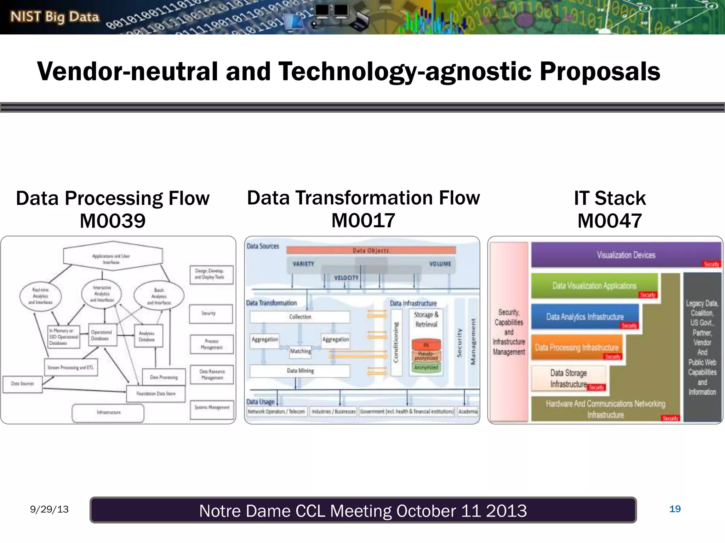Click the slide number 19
pos(675,509)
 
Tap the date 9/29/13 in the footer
pos(49,509)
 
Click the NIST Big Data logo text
pos(55,17)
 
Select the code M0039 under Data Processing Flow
pos(113,221)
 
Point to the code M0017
pos(363,221)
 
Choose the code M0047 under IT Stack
pos(610,221)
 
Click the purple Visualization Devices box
pos(626,255)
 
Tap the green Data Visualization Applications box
pos(594,286)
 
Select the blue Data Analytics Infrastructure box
pos(585,317)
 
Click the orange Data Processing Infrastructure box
pos(576,348)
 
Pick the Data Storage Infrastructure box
pos(568,378)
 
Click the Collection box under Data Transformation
pos(300,317)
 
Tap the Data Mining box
pos(300,371)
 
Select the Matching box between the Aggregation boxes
pos(300,351)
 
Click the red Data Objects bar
pos(371,250)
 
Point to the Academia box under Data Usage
pos(468,411)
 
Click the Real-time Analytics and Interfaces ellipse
pos(40,296)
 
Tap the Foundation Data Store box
pos(156,393)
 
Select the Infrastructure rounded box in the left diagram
pos(108,413)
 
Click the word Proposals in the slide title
pos(600,72)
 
